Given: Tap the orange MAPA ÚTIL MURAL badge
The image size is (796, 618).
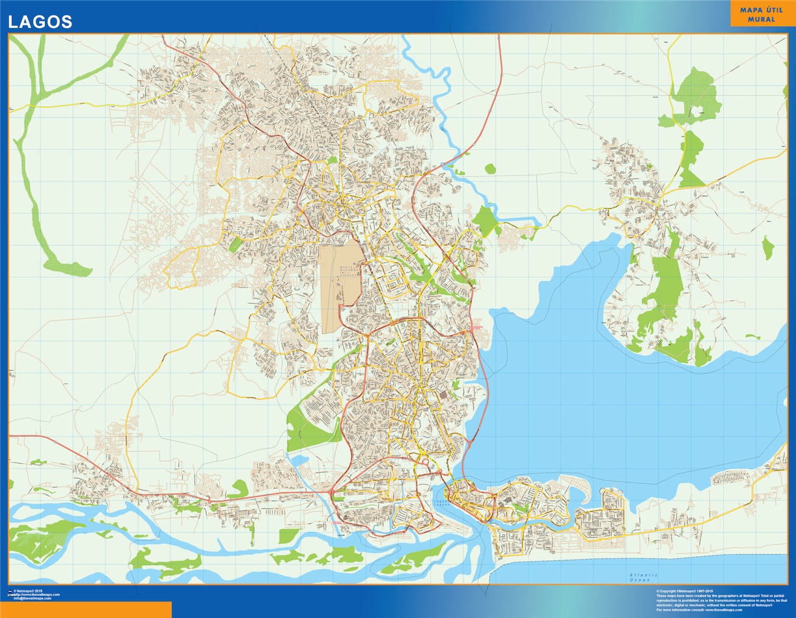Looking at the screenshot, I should pos(762,14).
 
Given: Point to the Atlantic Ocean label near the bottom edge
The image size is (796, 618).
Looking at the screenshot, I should pos(644,576).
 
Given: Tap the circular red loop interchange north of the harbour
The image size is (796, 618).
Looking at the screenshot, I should pos(424,463).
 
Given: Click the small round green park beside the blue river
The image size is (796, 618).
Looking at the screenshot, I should pos(490,169).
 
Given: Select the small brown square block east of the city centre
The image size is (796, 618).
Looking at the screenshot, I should pos(443,395).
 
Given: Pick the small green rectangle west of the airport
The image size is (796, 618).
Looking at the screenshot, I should pos(235,245).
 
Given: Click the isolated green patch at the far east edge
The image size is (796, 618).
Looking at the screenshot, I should pos(768,248).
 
